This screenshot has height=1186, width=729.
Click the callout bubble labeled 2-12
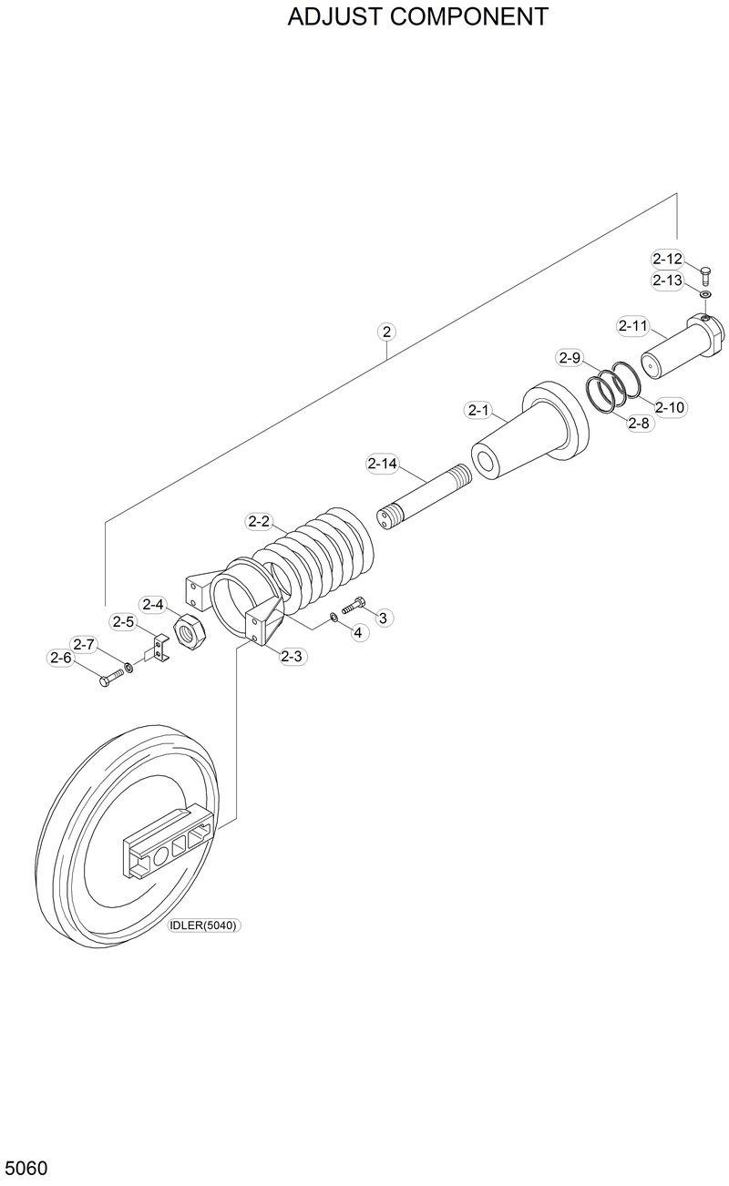tap(667, 259)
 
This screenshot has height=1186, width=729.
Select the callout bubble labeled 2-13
tap(667, 281)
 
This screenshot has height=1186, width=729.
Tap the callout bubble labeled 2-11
tap(632, 325)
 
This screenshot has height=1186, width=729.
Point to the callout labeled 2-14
tap(383, 464)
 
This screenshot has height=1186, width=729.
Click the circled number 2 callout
tap(387, 332)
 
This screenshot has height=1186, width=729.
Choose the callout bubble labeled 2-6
tap(61, 658)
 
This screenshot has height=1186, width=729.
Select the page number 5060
tap(26, 1167)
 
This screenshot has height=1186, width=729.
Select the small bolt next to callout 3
tap(353, 604)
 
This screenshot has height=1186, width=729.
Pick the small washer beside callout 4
tap(334, 619)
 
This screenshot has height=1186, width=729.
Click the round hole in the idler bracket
tap(160, 854)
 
